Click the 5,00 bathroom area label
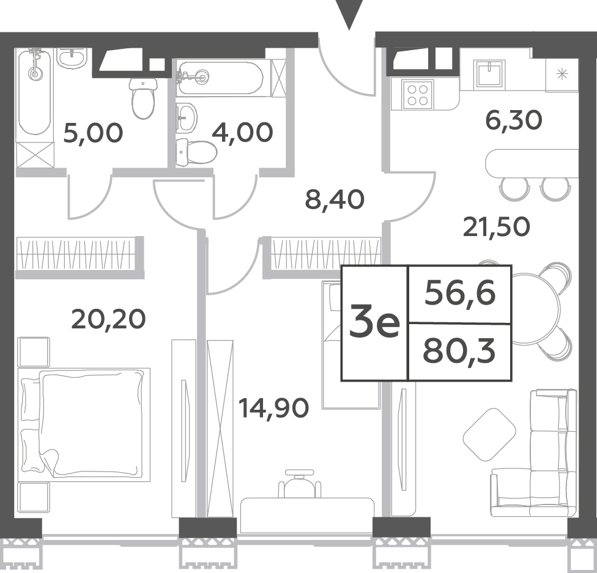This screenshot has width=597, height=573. [93, 133]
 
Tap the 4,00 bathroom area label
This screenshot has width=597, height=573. [242, 133]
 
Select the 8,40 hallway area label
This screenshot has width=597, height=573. [335, 199]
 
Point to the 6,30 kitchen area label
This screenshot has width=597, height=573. [513, 120]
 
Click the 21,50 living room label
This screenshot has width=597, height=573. [497, 227]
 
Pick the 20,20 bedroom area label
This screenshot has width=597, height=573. [108, 319]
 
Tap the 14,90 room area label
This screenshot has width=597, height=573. [273, 408]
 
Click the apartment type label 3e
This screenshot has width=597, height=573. [374, 323]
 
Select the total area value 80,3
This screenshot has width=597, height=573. [459, 352]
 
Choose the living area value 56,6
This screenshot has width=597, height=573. [460, 294]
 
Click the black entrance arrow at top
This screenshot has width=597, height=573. [349, 15]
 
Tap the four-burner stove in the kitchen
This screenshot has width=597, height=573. [418, 95]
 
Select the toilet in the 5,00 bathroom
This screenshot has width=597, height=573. [144, 98]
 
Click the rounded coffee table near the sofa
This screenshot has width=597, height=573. [489, 434]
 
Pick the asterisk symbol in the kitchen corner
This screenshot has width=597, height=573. [562, 74]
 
